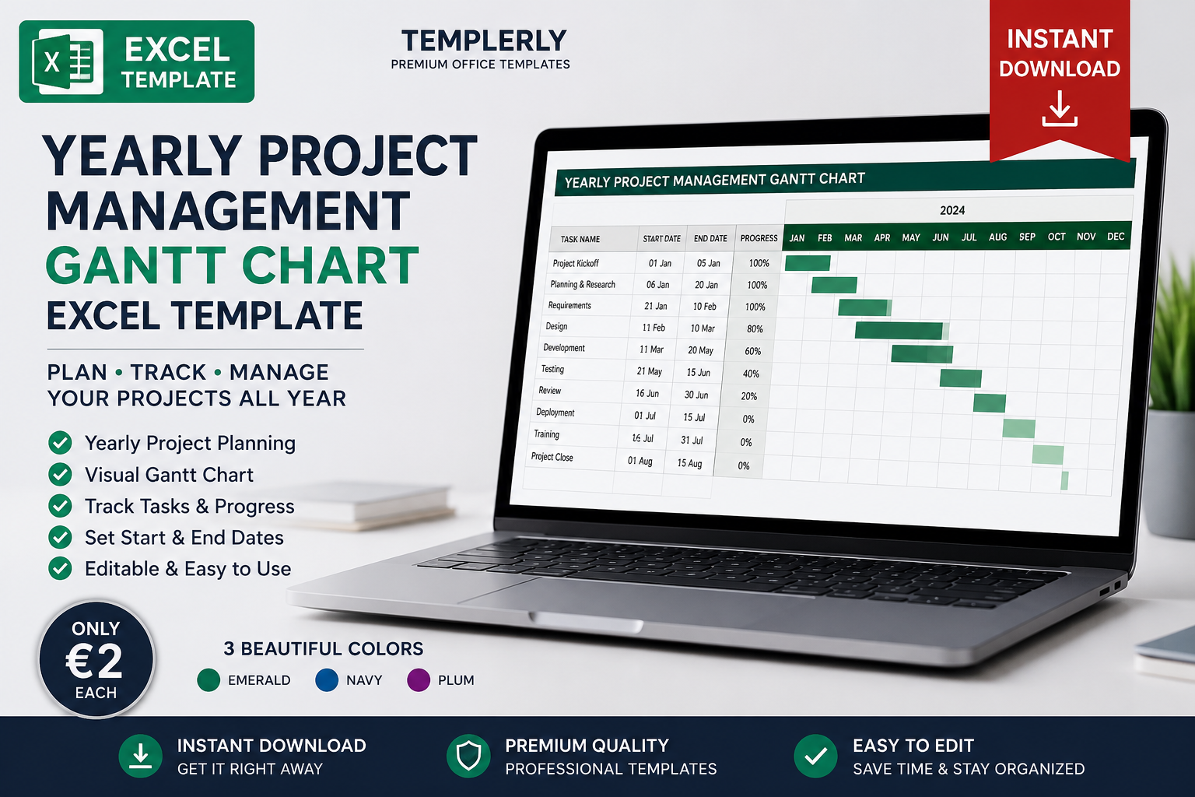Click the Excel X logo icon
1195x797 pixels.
[x=67, y=61]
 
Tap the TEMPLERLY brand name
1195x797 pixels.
[x=484, y=41]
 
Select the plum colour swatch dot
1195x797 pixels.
[x=419, y=680]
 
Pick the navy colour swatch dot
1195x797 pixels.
[x=327, y=680]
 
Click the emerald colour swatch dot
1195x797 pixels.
[x=209, y=680]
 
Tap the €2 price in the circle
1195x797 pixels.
[x=94, y=661]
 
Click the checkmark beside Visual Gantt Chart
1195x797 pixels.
[x=60, y=475]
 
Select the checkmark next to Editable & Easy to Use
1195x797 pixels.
[x=60, y=568]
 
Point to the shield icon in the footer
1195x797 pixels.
[x=468, y=756]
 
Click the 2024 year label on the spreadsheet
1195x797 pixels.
[x=952, y=210]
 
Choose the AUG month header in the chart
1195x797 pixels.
[x=997, y=237]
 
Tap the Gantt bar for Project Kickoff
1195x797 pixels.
[x=808, y=263]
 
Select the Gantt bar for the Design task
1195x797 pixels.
[x=899, y=331]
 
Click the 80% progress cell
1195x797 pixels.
[x=755, y=328]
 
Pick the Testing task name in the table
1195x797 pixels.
[x=552, y=369]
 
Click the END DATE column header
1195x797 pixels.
[x=710, y=239]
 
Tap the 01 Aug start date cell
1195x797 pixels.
[x=640, y=461]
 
